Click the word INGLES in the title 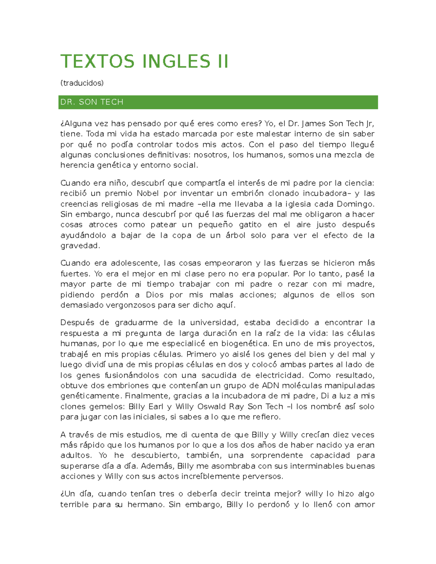point(176,61)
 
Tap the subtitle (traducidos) point(82,83)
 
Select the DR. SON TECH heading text point(92,102)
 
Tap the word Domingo point(355,204)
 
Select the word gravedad point(80,246)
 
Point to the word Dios point(155,295)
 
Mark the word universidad point(213,322)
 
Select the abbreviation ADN point(271,386)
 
